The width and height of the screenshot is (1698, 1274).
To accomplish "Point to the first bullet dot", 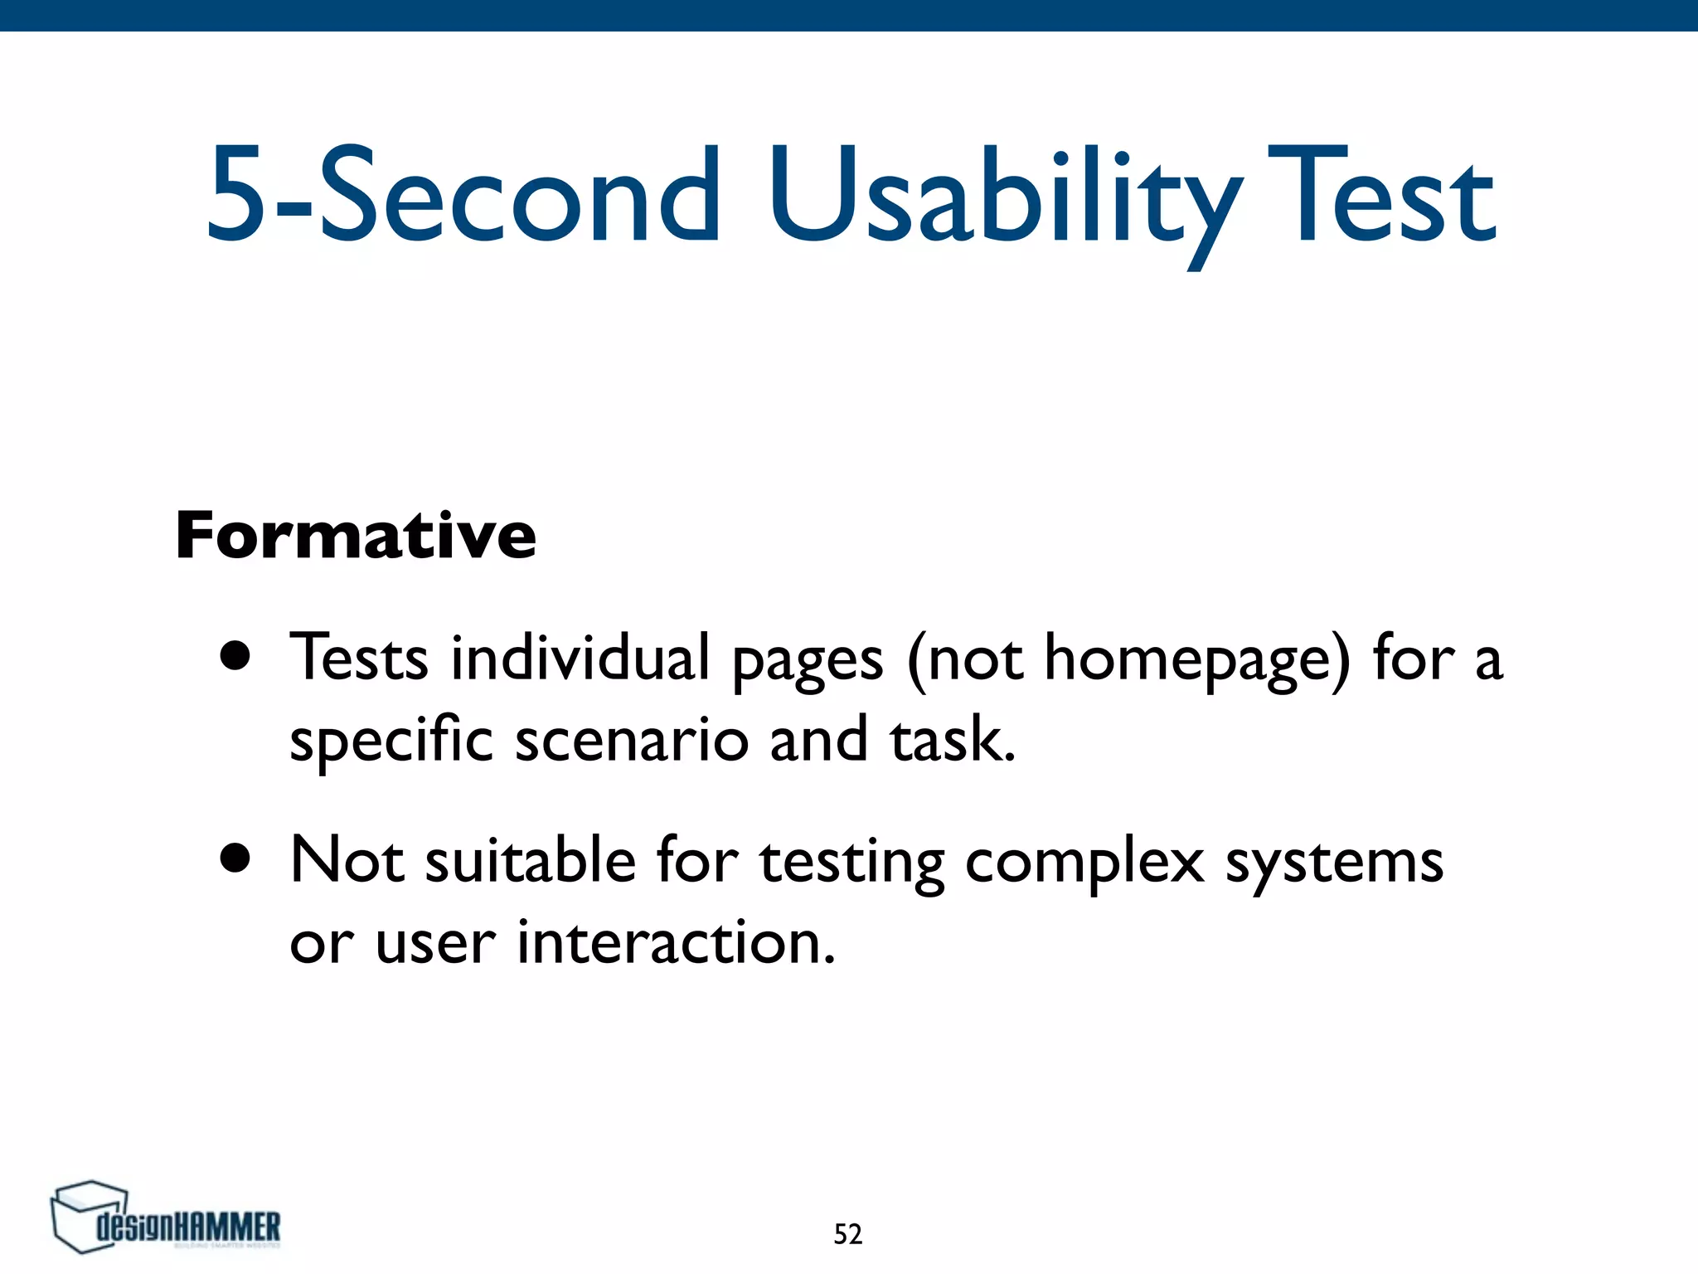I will coord(235,656).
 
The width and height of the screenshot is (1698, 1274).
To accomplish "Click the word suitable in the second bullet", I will coord(531,860).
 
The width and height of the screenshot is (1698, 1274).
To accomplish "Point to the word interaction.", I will coord(676,943).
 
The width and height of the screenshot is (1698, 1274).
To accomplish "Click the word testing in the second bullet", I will coord(851,863).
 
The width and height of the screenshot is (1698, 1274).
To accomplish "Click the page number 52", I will coord(847,1234).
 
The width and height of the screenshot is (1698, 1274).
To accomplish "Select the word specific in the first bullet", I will coord(391,740).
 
